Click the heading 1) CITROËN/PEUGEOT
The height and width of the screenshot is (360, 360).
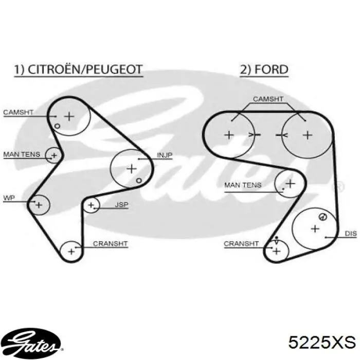click(79, 69)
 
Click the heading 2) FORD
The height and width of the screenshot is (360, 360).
click(264, 69)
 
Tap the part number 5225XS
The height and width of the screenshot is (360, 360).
click(322, 343)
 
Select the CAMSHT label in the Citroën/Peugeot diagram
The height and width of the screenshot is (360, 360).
click(19, 112)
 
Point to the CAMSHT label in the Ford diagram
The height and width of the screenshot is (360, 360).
click(268, 99)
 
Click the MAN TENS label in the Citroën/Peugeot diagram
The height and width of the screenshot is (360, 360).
click(22, 154)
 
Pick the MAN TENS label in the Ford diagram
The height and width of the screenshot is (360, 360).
click(243, 185)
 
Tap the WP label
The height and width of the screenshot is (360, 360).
click(9, 198)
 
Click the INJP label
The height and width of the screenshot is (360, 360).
click(165, 155)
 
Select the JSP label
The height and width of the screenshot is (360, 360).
click(121, 205)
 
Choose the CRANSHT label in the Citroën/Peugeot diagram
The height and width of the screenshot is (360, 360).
click(110, 244)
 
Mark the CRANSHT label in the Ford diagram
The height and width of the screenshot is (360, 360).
click(241, 244)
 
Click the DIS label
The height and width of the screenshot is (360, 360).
click(351, 233)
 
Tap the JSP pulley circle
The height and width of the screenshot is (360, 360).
click(83, 205)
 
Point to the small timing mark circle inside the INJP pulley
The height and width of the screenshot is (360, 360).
click(139, 181)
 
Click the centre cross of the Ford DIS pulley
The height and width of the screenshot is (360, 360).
click(315, 229)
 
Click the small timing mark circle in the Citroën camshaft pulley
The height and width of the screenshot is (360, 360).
click(57, 126)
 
